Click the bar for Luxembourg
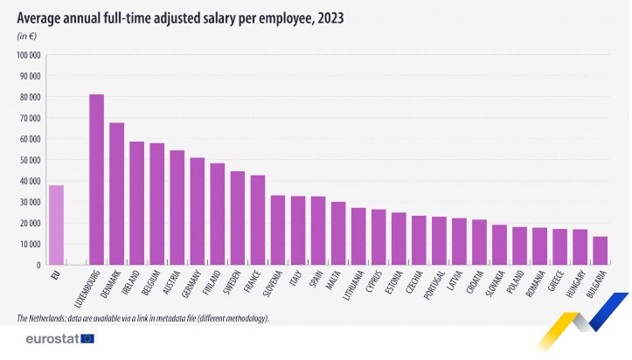(x=96, y=179)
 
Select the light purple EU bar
(x=56, y=225)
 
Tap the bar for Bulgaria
(x=600, y=250)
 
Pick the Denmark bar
(x=116, y=193)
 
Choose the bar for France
(x=257, y=219)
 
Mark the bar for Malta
(x=337, y=232)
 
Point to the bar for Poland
(x=519, y=246)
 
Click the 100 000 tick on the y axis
(x=29, y=55)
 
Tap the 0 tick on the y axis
(x=38, y=265)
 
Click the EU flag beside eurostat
(x=87, y=339)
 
